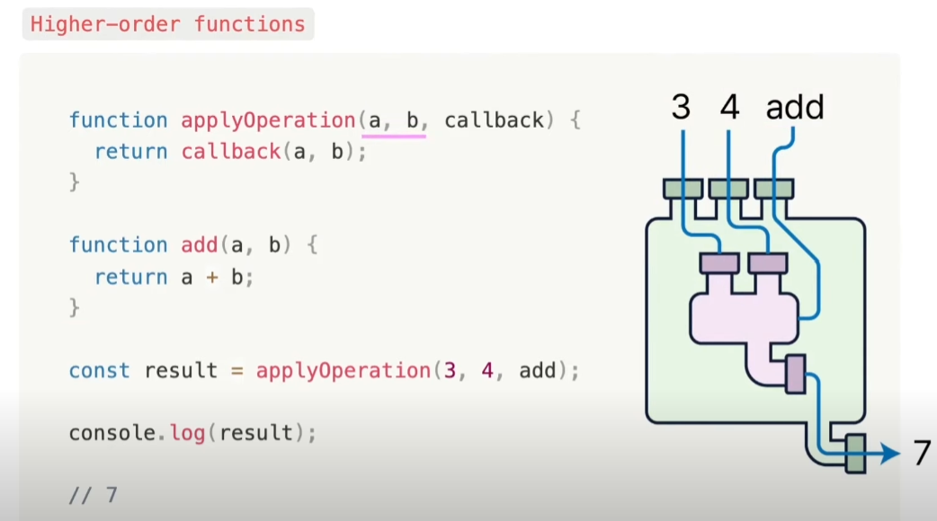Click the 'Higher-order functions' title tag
[167, 24]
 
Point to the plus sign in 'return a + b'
[212, 277]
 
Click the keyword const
[99, 370]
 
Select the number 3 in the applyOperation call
[450, 370]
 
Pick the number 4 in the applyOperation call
[487, 370]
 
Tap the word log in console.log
[187, 433]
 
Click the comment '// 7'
[93, 494]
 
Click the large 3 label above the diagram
[681, 108]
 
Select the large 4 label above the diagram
[729, 108]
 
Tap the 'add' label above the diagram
[795, 108]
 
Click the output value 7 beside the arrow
[921, 454]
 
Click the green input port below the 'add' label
[773, 189]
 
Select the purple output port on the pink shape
[795, 375]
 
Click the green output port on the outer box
[855, 453]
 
